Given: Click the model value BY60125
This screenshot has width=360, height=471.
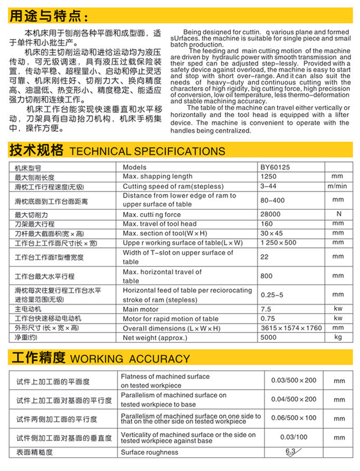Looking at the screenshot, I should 275,167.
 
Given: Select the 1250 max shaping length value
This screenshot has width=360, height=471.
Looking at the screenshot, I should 268,176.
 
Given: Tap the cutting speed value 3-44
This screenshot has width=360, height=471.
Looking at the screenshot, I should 269,186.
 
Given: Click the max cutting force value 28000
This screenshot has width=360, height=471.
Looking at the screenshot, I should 270,214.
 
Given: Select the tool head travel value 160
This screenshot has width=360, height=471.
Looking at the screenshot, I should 267,224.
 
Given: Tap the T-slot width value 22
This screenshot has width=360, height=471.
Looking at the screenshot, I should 265,257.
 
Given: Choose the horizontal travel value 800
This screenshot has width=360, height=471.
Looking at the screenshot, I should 267,276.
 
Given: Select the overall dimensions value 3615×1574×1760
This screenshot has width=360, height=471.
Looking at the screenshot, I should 291,328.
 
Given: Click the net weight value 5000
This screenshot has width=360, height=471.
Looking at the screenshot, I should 269,337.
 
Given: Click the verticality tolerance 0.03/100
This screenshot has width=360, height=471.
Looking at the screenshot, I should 294,437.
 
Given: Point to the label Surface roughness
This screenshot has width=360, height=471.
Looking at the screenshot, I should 149,452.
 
